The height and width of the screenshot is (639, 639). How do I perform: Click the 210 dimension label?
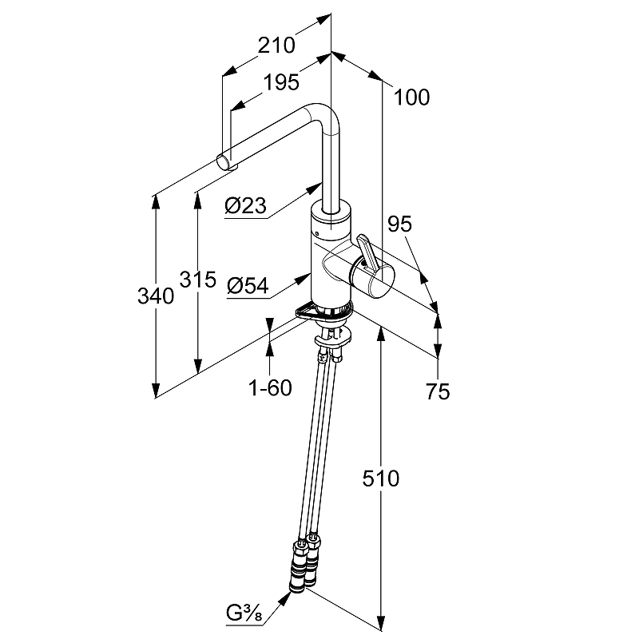tap(276, 45)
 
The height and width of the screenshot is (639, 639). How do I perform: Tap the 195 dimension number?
tap(281, 82)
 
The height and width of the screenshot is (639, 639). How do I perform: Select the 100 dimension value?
tap(411, 97)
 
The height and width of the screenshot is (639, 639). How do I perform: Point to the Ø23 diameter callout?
tap(246, 205)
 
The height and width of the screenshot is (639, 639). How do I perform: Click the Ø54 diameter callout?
tap(248, 285)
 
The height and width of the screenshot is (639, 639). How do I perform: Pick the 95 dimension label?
tap(400, 224)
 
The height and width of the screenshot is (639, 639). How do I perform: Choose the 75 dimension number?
tap(438, 391)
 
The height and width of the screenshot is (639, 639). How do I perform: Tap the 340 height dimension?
tap(156, 296)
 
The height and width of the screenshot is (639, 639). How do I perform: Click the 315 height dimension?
tap(197, 280)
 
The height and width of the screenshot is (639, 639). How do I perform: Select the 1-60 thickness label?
tap(270, 387)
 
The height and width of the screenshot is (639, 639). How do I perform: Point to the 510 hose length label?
tap(381, 478)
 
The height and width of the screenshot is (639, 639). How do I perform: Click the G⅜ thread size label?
tap(244, 613)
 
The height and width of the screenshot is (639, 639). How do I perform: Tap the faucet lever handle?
tap(368, 253)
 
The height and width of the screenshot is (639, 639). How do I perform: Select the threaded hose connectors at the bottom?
tap(306, 565)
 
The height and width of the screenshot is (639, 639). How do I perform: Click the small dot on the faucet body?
tap(316, 233)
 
